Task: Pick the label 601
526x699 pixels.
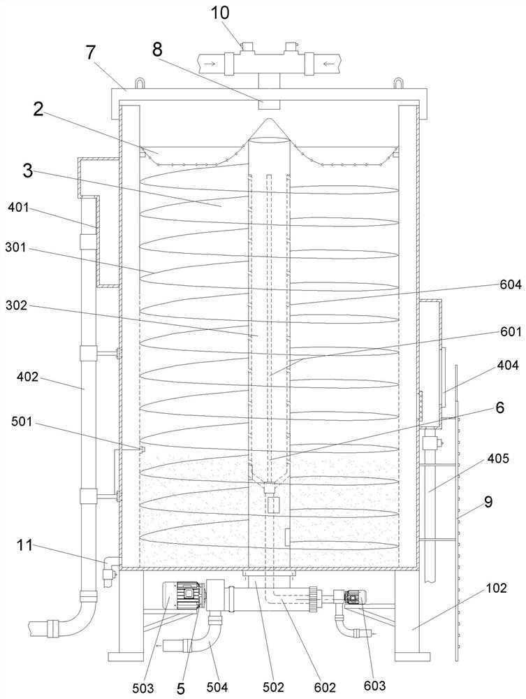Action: pyautogui.click(x=511, y=331)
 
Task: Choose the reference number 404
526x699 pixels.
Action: pyautogui.click(x=508, y=365)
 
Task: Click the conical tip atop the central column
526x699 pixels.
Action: pyautogui.click(x=269, y=129)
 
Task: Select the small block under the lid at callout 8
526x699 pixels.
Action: pyautogui.click(x=269, y=104)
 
